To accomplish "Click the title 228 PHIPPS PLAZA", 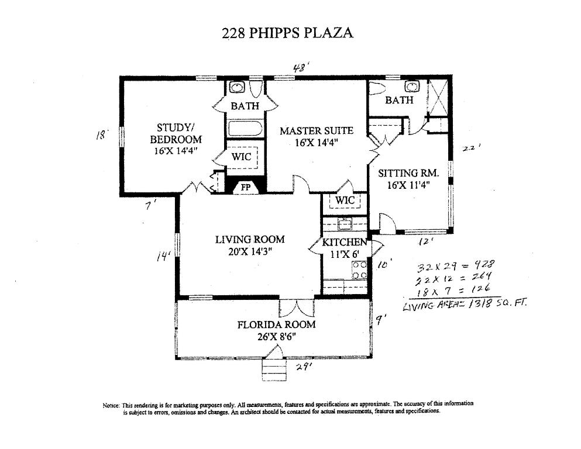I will tap(287, 33).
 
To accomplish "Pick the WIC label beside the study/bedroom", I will tap(241, 157).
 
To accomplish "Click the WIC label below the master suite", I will tap(345, 201).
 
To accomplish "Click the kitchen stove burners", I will tap(359, 270).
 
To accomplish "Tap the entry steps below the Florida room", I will tap(271, 367).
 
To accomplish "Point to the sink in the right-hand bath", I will tap(412, 87).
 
